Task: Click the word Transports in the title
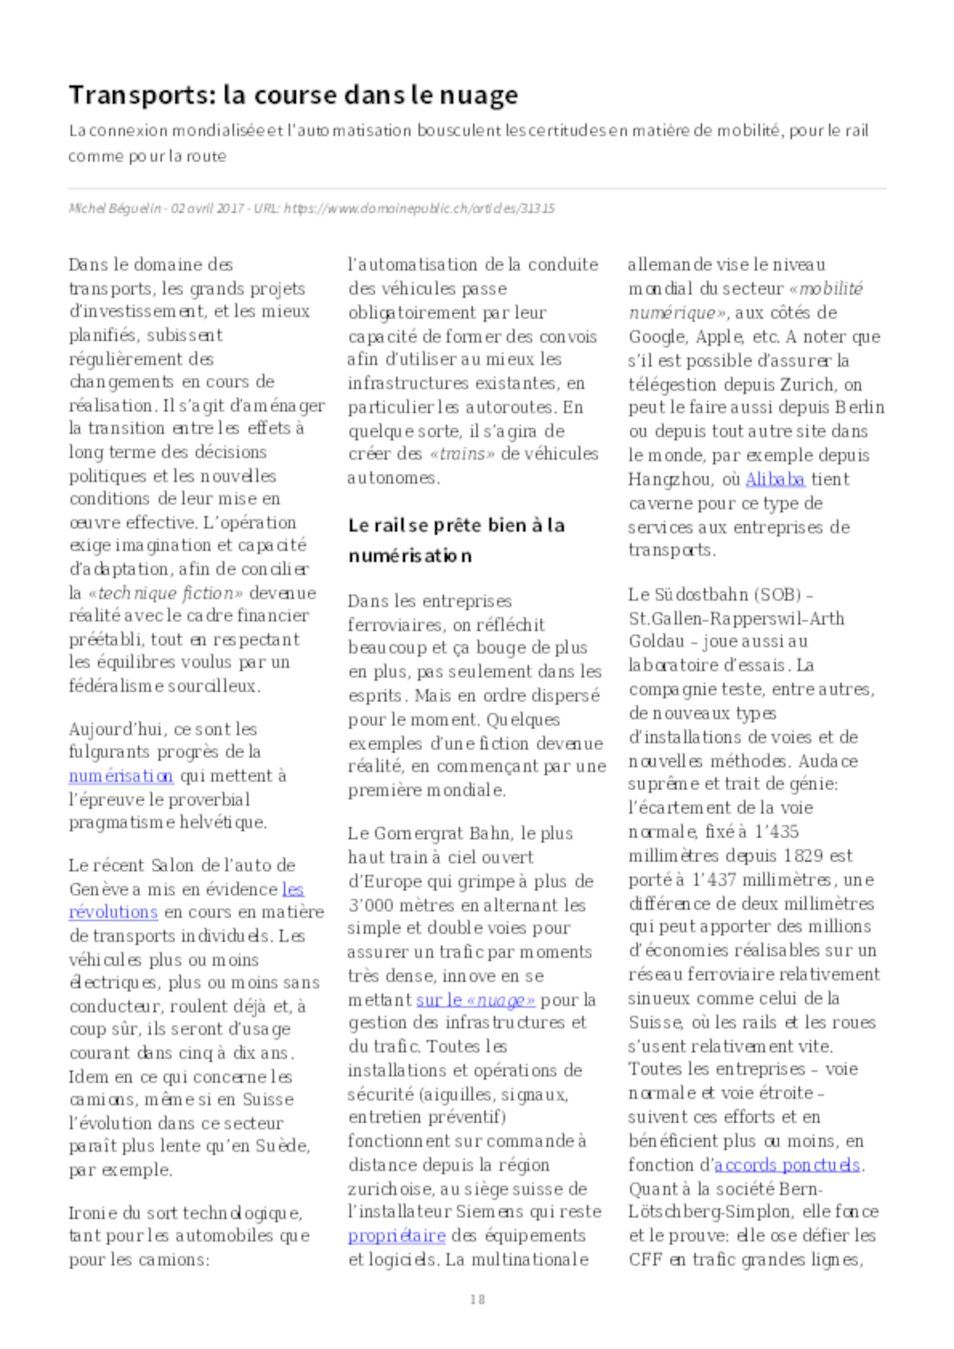(x=136, y=95)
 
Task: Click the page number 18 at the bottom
(x=477, y=1299)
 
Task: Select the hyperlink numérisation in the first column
(x=121, y=776)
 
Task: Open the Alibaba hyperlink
(x=775, y=480)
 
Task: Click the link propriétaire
(x=396, y=1236)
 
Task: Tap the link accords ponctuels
(x=787, y=1165)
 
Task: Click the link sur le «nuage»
(x=476, y=1000)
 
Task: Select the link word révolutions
(x=114, y=912)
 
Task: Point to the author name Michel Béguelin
(x=114, y=209)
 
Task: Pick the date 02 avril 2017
(x=207, y=209)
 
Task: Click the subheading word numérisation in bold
(x=410, y=555)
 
